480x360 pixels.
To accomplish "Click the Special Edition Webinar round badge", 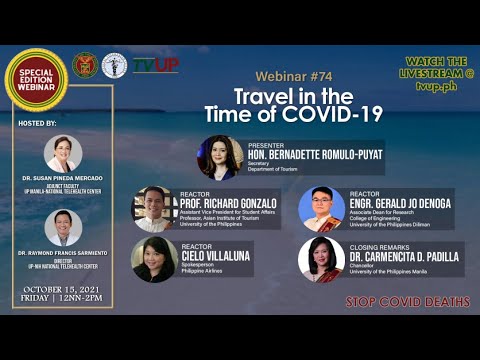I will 37,80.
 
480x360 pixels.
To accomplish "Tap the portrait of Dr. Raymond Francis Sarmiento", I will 63,228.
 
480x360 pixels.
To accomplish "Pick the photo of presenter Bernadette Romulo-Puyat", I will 219,157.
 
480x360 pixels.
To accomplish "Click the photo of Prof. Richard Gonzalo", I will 154,209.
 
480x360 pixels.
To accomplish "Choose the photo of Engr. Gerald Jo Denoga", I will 321,209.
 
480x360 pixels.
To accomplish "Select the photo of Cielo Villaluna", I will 154,259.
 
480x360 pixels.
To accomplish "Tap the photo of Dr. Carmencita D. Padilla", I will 321,259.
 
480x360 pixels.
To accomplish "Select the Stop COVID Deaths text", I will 408,301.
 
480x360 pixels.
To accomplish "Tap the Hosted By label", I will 39,122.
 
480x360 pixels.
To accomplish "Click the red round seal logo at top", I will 85,66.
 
